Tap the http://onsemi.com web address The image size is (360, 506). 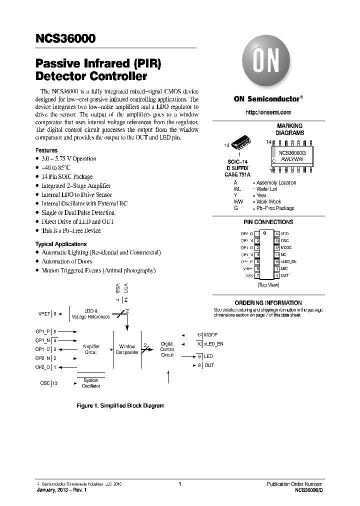pos(268,112)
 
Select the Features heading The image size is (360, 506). pos(46,150)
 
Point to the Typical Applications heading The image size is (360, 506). pos(61,244)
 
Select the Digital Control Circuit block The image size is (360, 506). pos(167,349)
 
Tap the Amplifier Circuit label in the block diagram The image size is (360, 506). pos(90,349)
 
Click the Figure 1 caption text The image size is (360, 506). pos(120,405)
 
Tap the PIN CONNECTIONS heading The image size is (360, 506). pos(268,222)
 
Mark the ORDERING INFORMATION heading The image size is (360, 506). pos(268,302)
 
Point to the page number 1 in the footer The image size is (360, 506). pos(179,484)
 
